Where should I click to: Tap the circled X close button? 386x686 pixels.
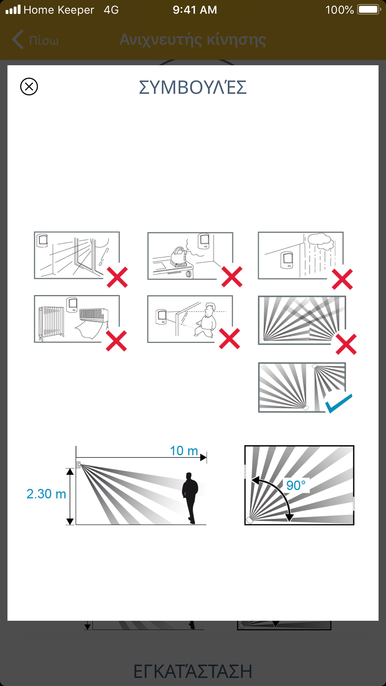click(29, 86)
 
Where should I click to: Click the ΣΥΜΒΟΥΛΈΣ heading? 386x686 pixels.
click(193, 87)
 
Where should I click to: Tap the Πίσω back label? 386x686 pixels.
click(44, 40)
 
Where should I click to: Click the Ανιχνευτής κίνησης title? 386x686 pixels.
click(193, 40)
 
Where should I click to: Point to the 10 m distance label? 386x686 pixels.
click(184, 451)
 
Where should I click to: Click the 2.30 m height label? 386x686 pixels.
click(46, 494)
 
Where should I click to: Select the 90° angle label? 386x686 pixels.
click(296, 485)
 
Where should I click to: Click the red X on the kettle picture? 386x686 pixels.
click(232, 277)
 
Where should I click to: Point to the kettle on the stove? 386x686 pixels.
click(179, 256)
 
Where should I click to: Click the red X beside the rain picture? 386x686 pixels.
click(342, 279)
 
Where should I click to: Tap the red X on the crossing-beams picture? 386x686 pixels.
click(346, 344)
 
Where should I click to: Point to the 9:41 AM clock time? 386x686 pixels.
click(195, 10)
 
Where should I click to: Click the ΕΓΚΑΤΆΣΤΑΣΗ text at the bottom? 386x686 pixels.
click(193, 671)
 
